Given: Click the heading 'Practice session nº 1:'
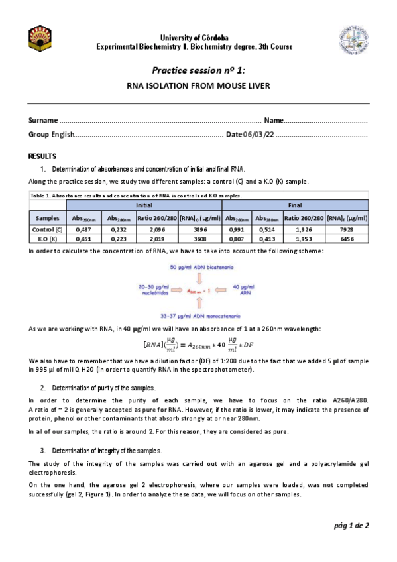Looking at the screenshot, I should [198, 70].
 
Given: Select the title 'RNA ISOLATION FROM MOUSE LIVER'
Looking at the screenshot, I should [198, 86].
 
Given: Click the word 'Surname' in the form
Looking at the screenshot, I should [43, 121].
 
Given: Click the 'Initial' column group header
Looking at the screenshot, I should [144, 205].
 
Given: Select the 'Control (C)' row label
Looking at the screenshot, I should [47, 229].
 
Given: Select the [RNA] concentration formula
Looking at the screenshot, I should [198, 345].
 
